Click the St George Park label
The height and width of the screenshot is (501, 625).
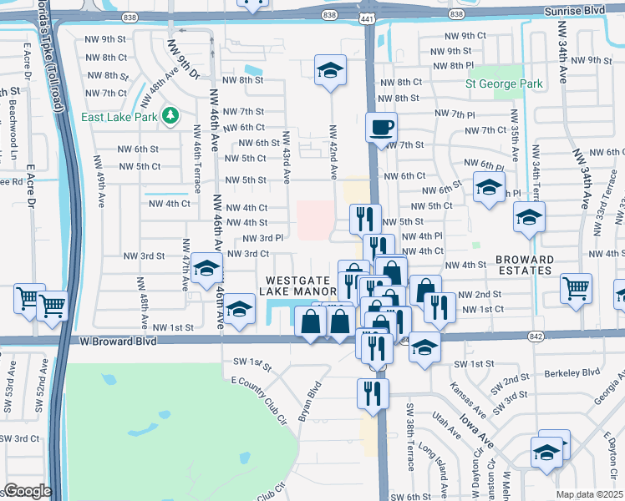505,84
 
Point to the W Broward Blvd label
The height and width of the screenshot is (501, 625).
117,342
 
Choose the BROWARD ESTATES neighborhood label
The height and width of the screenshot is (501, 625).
523,265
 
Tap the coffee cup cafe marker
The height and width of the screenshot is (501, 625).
382,128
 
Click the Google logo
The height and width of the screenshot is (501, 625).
28,490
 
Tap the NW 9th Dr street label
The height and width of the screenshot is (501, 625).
184,60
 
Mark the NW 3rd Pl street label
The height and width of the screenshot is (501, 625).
262,238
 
